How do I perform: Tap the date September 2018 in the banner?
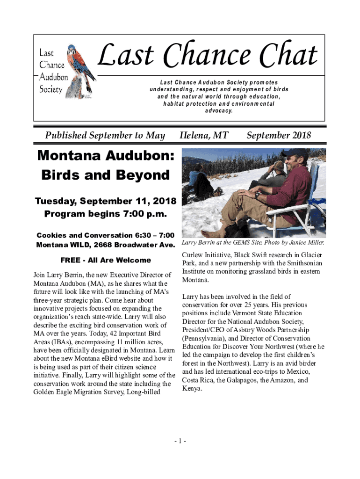(279, 136)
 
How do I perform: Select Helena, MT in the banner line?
(204, 136)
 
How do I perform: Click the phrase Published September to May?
(105, 136)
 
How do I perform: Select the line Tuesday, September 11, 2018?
(106, 202)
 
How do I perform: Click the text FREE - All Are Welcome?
(106, 260)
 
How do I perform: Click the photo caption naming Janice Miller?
(253, 243)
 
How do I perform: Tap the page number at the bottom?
(180, 441)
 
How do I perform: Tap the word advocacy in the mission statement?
(219, 111)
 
